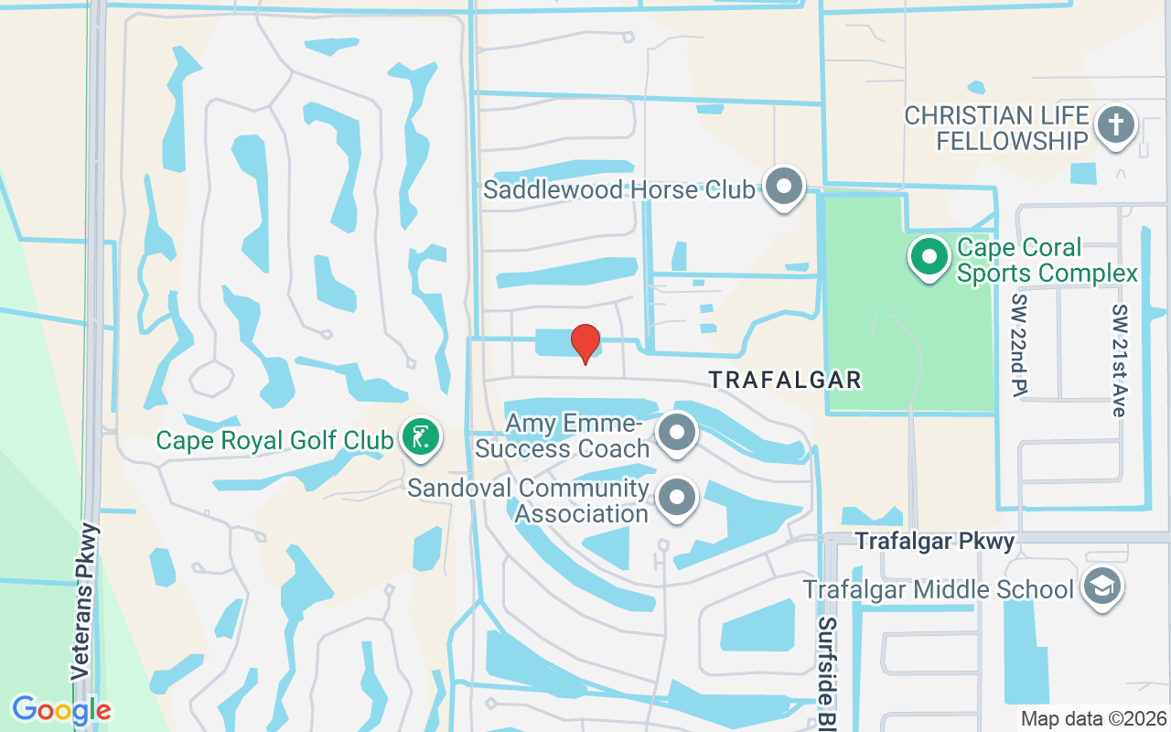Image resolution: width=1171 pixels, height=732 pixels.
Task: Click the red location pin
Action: pos(585,343)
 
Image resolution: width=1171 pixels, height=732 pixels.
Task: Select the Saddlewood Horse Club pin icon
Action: pos(783,187)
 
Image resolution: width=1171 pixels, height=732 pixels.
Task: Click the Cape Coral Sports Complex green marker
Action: pos(930,256)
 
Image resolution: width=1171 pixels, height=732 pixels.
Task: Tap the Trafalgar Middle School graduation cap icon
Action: pos(1101,587)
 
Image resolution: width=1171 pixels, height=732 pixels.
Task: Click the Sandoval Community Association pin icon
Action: pos(677,499)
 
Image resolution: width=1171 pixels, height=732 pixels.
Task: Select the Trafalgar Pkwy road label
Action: pos(935,542)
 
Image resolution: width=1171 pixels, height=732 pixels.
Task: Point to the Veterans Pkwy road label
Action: pos(82,599)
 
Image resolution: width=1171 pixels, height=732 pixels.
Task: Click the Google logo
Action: pos(61,710)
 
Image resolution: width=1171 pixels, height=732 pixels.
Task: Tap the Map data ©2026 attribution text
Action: pos(1093,719)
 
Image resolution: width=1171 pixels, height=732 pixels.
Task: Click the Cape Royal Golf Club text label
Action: pos(274,440)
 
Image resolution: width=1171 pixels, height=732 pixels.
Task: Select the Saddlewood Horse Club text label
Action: pos(619,189)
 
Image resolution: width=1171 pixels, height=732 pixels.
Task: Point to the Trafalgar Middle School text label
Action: pos(938,589)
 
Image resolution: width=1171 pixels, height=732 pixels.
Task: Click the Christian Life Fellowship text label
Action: pos(996,128)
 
